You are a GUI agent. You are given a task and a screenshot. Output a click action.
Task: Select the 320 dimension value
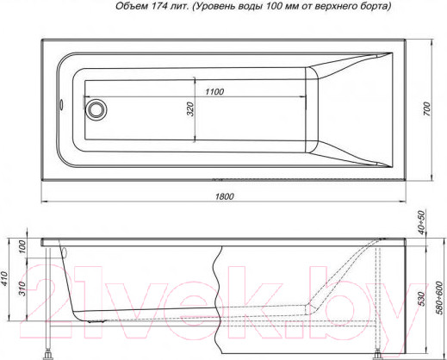click(x=190, y=109)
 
